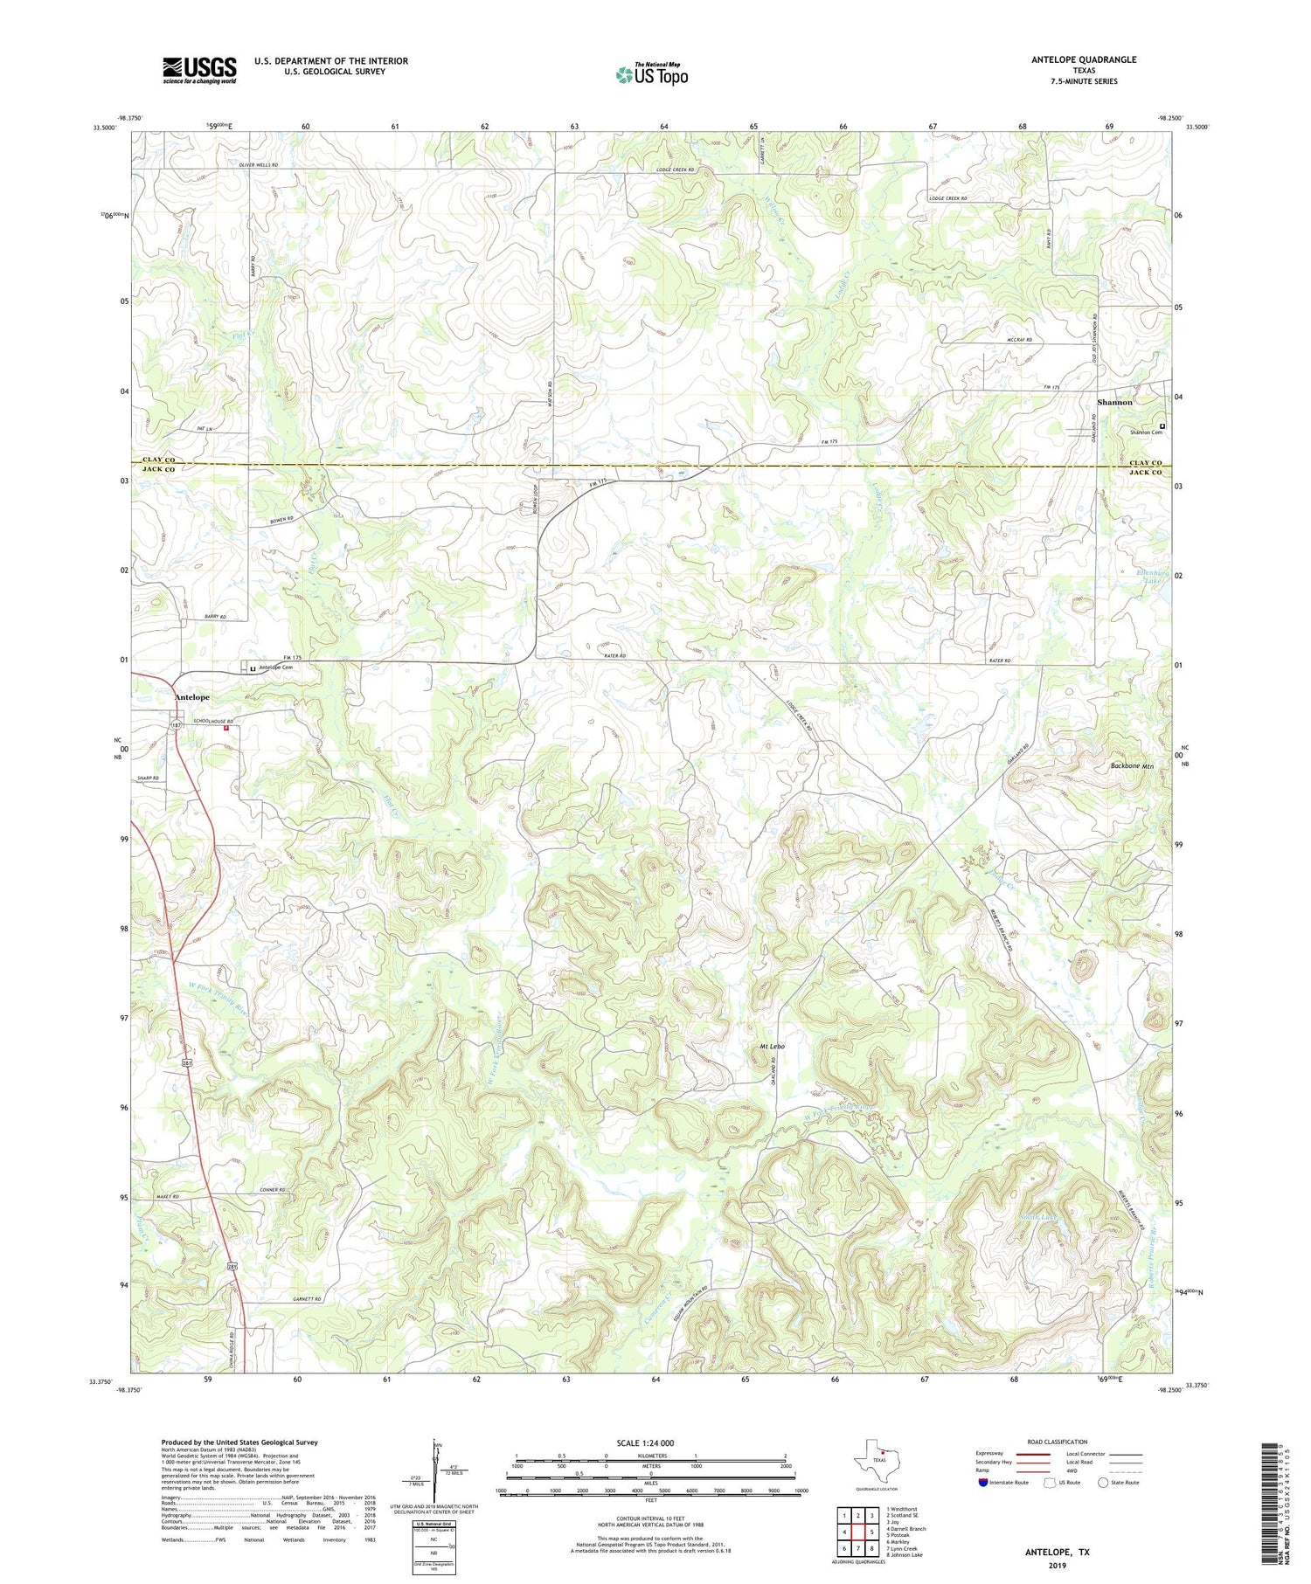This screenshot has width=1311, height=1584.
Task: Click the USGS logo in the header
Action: [199, 70]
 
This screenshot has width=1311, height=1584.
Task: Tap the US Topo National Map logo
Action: [651, 74]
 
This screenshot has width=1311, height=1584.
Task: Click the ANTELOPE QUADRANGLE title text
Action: [1084, 59]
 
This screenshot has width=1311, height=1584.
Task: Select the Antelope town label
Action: [191, 697]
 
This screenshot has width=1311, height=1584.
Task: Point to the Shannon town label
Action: [1114, 402]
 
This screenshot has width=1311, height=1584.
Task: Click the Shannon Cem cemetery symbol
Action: [1162, 425]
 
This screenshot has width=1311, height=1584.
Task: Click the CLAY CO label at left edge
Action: [153, 460]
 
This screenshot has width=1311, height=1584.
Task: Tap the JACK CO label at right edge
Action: [1145, 473]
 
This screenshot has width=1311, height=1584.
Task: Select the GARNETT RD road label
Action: [307, 1300]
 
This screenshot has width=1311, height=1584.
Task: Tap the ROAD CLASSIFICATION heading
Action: [1058, 1442]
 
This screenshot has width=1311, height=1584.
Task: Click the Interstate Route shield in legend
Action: [983, 1483]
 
